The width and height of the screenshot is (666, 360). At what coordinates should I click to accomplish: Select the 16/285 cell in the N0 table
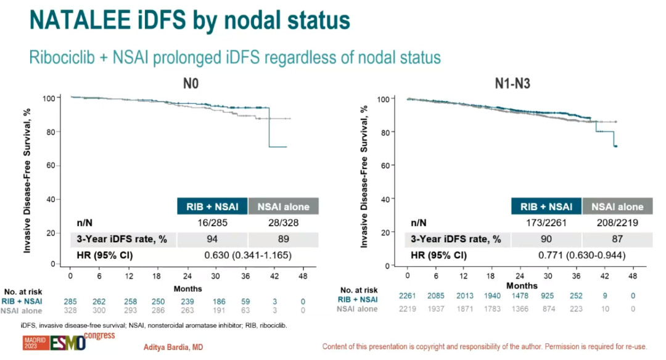[x=212, y=223]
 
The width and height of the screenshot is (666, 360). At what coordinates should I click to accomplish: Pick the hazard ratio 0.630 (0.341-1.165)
[x=247, y=255]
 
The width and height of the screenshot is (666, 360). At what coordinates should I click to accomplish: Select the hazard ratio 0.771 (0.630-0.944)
[x=581, y=256]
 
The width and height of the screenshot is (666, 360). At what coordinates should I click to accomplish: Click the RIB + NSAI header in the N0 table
[x=212, y=207]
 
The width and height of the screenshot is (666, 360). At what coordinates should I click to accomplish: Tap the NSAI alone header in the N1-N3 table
[x=613, y=207]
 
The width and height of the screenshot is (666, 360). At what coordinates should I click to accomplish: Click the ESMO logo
[x=67, y=343]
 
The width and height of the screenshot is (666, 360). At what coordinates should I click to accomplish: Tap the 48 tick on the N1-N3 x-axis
[x=632, y=276]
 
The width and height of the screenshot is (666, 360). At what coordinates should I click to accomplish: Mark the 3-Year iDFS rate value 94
[x=212, y=239]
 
